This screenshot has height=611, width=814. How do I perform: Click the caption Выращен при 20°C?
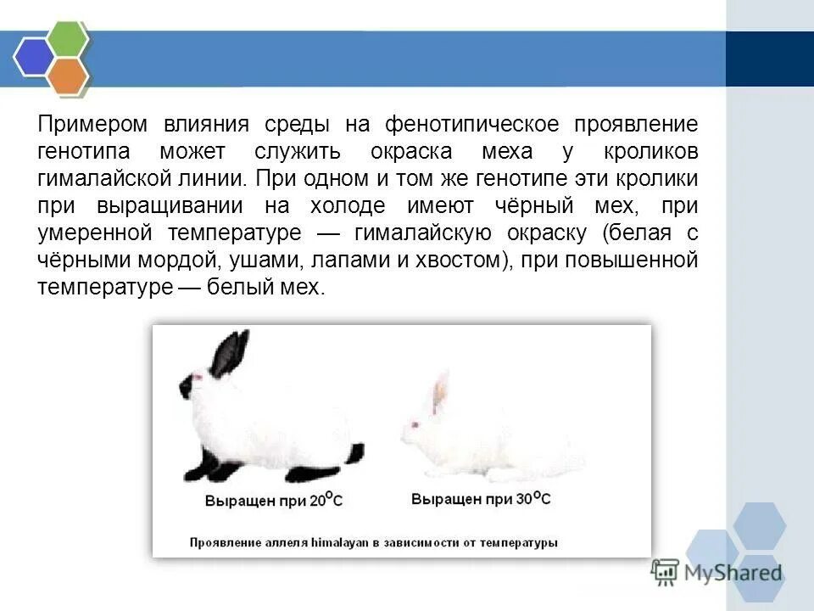coord(274,501)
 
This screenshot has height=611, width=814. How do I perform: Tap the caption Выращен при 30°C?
coord(481,499)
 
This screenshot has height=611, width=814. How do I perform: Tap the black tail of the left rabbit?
coord(354,452)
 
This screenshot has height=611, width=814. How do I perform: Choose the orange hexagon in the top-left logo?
coord(68,76)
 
